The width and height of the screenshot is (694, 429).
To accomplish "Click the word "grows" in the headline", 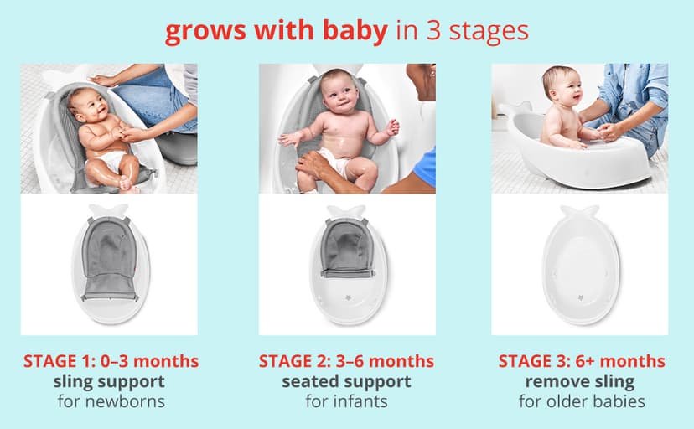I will (x=199, y=31).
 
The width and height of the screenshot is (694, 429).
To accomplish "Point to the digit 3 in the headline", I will (x=432, y=31).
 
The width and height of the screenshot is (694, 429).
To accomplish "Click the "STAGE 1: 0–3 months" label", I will (x=111, y=361).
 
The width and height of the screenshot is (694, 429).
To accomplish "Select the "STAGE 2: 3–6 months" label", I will (x=346, y=361).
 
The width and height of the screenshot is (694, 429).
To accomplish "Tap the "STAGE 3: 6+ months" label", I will (x=582, y=361).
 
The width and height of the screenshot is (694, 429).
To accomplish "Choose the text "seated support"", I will (x=346, y=381).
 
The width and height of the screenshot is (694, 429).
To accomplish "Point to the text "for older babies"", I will (x=582, y=401).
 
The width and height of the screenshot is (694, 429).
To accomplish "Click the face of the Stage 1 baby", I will (x=90, y=107).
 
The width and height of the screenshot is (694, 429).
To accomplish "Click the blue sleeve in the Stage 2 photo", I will (x=426, y=168).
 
